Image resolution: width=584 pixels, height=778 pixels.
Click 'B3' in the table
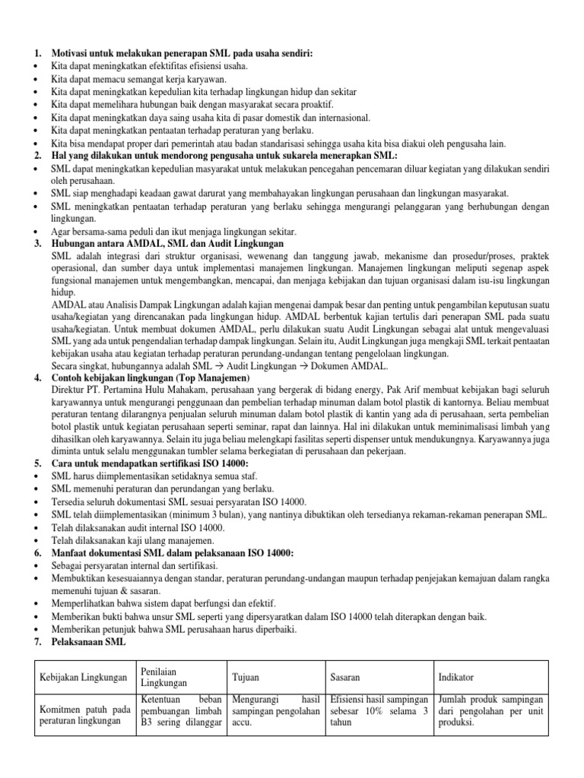pyautogui.click(x=146, y=723)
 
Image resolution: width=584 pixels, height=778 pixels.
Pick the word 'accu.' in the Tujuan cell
pyautogui.click(x=244, y=723)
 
